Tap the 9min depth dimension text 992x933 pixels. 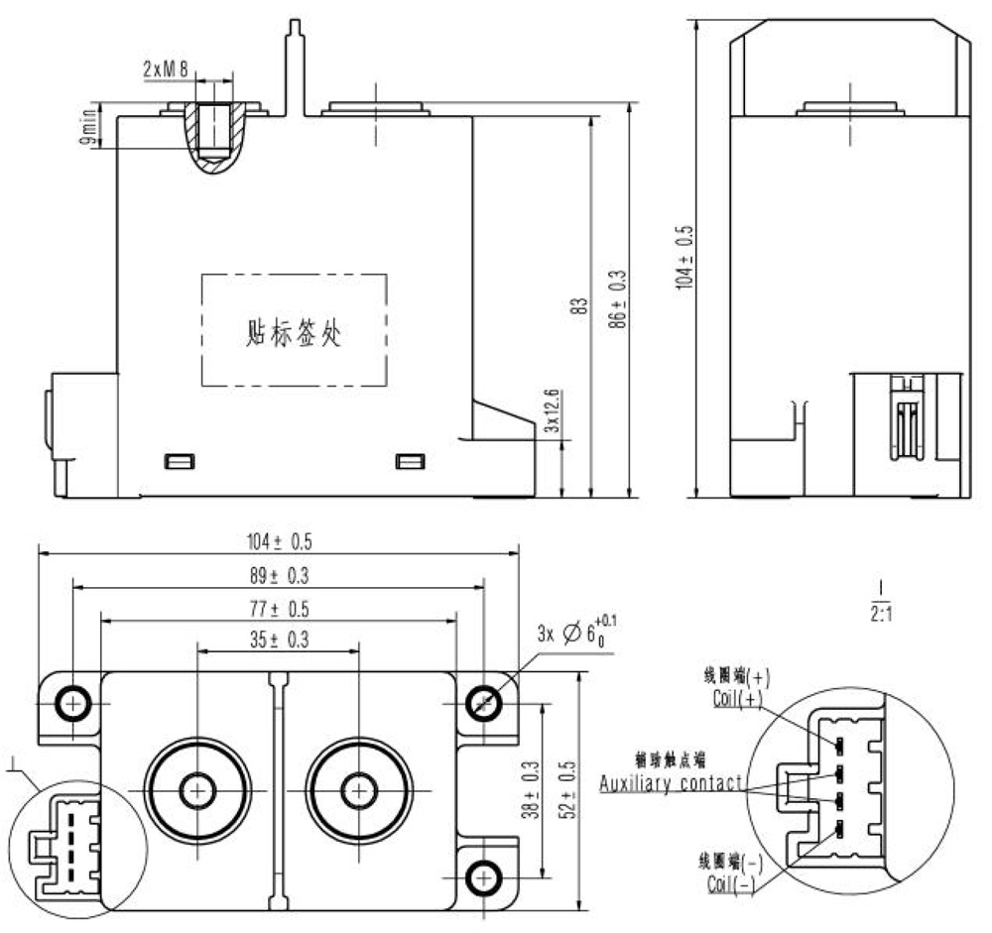(x=88, y=127)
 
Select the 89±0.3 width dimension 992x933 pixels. (x=279, y=575)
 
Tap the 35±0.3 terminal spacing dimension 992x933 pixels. (x=279, y=641)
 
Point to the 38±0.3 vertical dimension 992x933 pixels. (x=533, y=790)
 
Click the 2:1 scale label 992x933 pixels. (x=881, y=614)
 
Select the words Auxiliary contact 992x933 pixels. (x=672, y=783)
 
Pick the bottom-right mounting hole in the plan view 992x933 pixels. (x=484, y=876)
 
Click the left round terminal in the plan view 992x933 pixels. (x=197, y=790)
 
